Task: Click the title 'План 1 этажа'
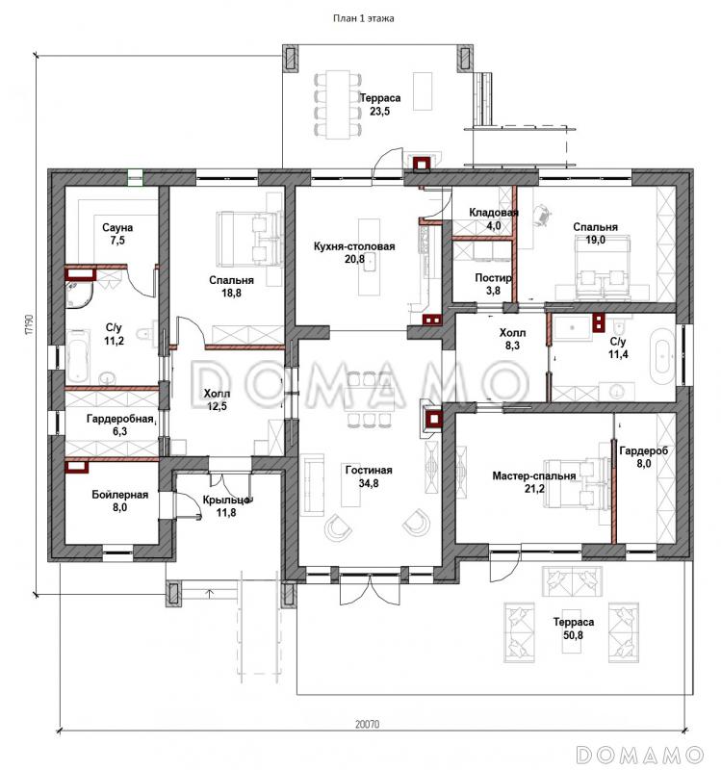364,18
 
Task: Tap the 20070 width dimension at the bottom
368,724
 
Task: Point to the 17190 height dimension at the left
29,325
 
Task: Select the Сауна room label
117,228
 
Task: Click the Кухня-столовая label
354,246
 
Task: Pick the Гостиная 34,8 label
369,476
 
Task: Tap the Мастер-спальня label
534,475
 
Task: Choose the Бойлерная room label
119,495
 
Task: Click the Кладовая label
494,213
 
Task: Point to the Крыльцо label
227,500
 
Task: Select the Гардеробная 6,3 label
120,424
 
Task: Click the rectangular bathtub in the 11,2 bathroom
79,356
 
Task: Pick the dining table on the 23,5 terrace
338,103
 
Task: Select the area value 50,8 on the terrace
574,635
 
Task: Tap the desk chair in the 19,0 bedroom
542,215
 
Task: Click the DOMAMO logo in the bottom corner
640,754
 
